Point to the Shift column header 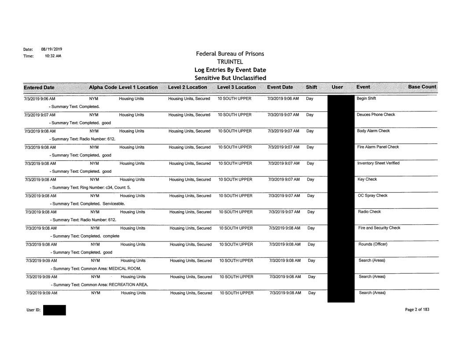coord(312,87)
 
